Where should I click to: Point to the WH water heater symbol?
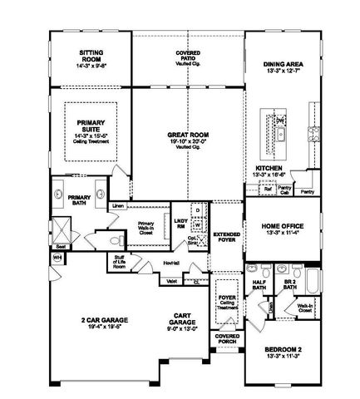57,258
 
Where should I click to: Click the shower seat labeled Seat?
61,246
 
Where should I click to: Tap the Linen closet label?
118,204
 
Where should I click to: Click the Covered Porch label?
226,338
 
